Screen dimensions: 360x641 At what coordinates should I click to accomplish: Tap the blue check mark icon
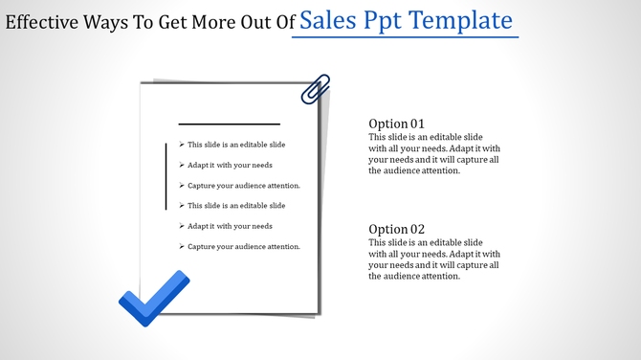coord(153,298)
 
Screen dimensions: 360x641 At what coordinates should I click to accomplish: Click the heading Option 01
coord(396,124)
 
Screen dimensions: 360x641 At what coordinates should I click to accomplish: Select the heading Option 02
coord(396,229)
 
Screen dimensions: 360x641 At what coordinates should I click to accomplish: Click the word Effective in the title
coord(39,22)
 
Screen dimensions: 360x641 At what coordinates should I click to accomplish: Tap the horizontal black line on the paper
coord(230,124)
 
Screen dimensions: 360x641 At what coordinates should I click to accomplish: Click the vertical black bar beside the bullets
coord(166,175)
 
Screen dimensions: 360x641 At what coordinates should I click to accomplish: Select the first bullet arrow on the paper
coord(182,145)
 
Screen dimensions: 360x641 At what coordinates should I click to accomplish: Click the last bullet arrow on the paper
coord(182,247)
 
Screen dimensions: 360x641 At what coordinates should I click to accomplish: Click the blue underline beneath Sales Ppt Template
coord(405,38)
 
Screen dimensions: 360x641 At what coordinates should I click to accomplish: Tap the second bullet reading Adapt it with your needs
coord(230,165)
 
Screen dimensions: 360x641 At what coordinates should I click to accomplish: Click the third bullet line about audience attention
coord(244,185)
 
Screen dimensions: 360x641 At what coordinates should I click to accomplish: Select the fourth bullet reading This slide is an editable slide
coord(236,206)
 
